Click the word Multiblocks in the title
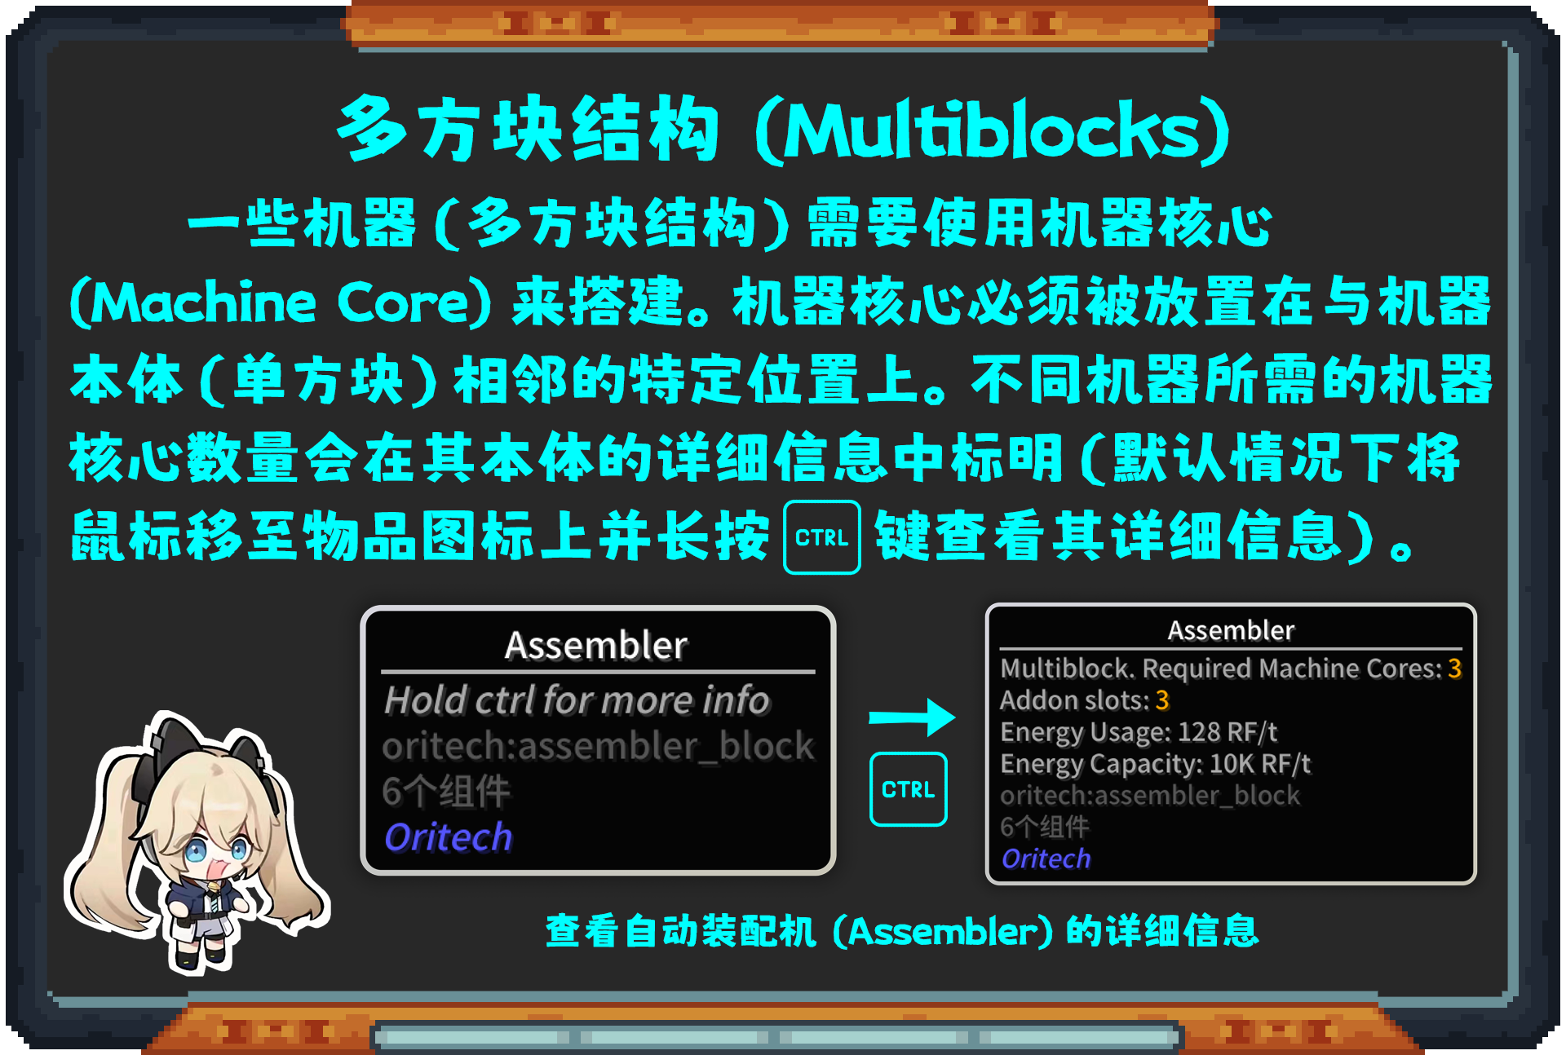992,130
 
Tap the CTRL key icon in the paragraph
821,537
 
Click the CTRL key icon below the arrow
908,789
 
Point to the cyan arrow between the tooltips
912,717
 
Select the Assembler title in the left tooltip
596,645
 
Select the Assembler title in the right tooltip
1231,630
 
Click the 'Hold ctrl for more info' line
577,700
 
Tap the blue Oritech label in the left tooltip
448,837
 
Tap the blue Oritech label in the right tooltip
1046,859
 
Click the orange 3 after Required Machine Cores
1454,669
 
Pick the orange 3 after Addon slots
1162,700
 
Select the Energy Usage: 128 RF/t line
1139,732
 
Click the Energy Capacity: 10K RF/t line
1155,764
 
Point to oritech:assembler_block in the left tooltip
598,746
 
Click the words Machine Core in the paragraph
282,302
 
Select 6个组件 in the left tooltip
446,792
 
